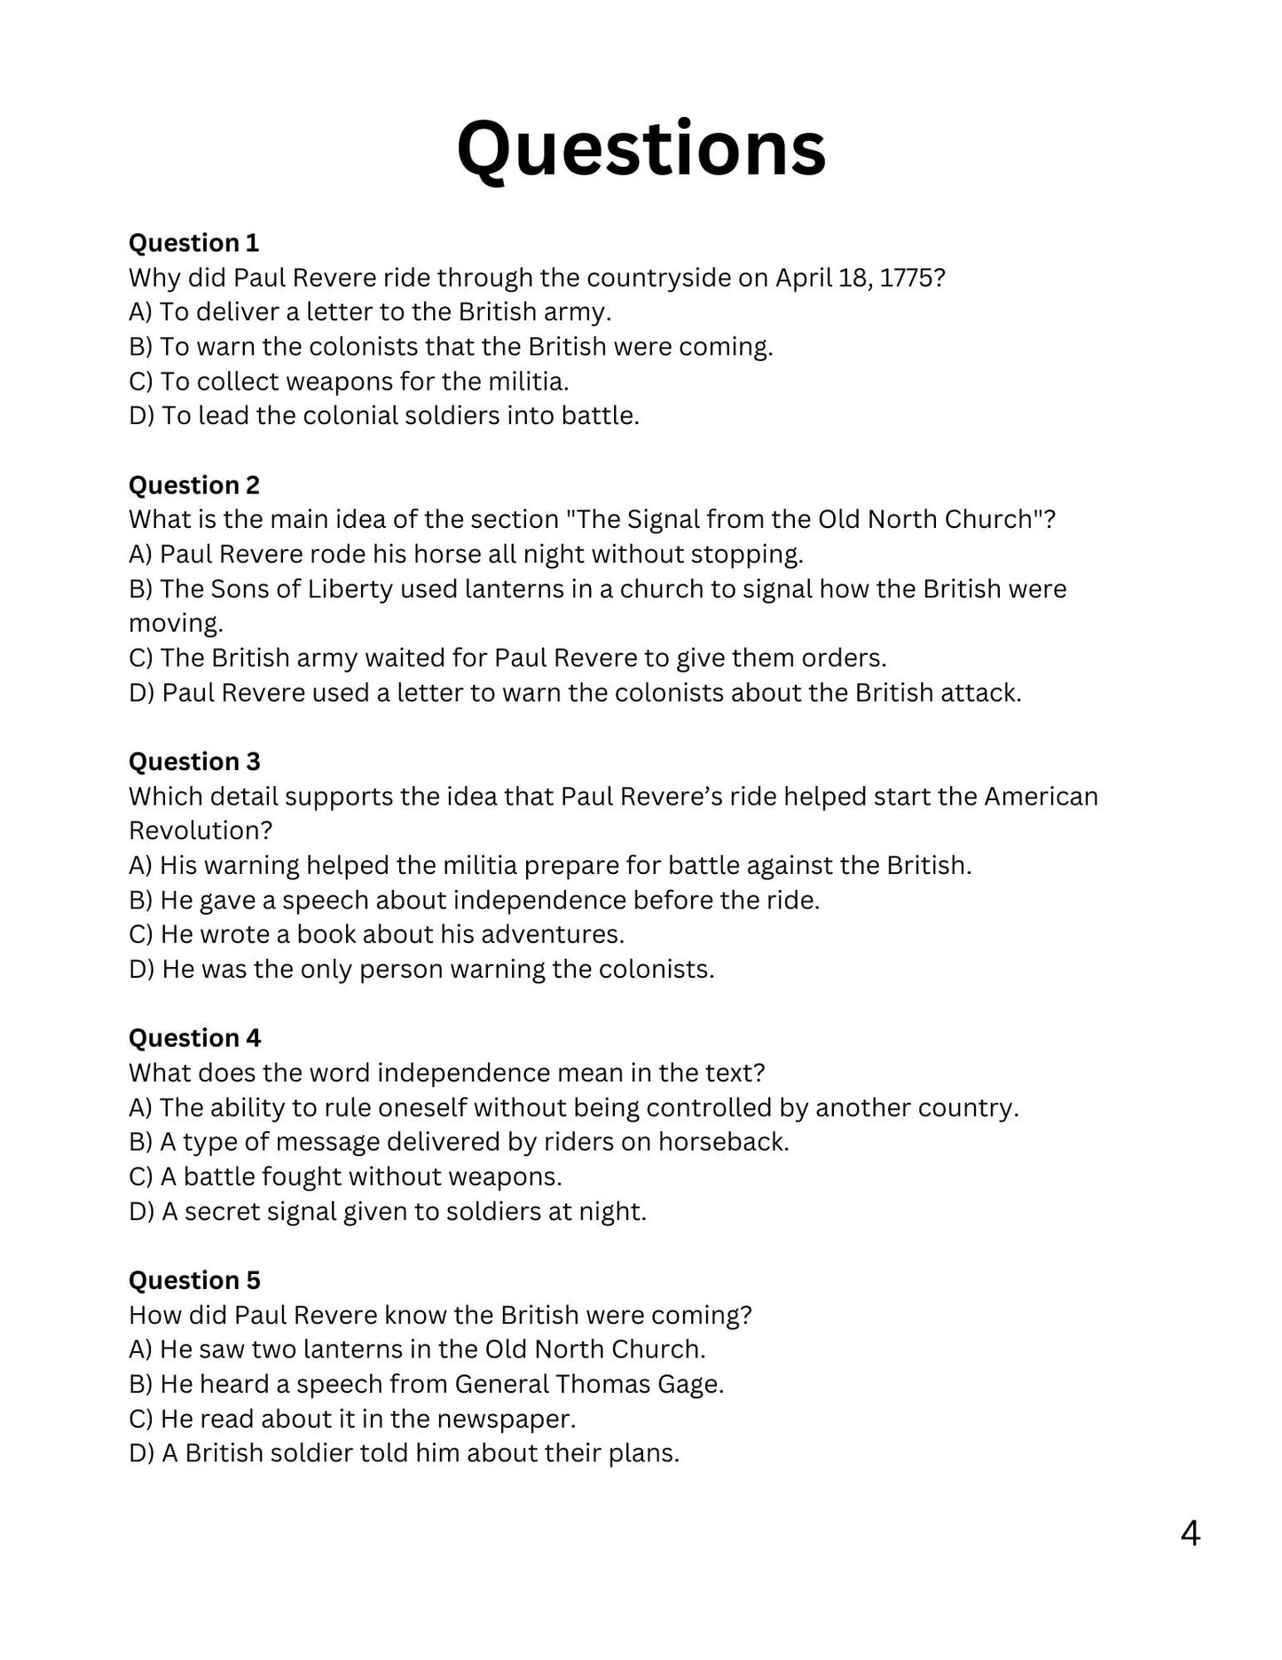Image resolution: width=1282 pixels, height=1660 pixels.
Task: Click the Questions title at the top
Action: (x=641, y=148)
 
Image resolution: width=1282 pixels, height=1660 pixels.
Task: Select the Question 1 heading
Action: (x=193, y=243)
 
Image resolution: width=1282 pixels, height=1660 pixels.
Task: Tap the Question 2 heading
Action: (x=193, y=485)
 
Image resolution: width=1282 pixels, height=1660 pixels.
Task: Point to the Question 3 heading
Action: (x=194, y=762)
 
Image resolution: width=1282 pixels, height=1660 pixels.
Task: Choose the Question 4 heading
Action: (x=194, y=1038)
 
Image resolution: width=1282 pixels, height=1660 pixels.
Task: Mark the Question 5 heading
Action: (x=194, y=1280)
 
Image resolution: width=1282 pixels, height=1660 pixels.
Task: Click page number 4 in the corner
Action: (x=1190, y=1533)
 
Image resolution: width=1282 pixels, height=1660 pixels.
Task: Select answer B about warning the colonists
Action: (x=451, y=347)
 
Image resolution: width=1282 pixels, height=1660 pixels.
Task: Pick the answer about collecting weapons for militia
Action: (x=349, y=382)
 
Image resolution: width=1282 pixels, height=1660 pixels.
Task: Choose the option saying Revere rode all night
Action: (x=466, y=555)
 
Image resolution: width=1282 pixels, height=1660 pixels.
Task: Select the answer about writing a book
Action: (x=376, y=934)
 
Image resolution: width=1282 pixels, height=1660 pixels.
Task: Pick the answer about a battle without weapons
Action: (x=345, y=1176)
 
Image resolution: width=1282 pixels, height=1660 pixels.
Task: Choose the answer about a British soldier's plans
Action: (x=404, y=1453)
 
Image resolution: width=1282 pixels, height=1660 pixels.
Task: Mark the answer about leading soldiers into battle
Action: (x=383, y=416)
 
